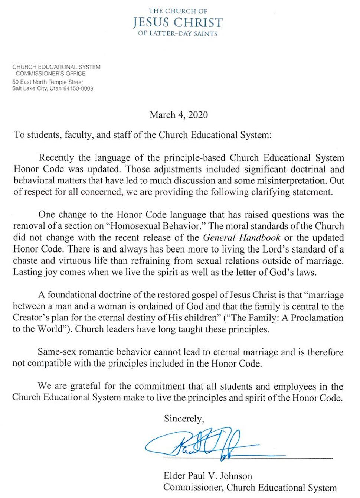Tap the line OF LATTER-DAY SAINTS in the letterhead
[x=178, y=33]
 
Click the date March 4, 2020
[x=179, y=115]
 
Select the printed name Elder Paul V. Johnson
[x=207, y=476]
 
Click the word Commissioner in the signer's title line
[x=192, y=488]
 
